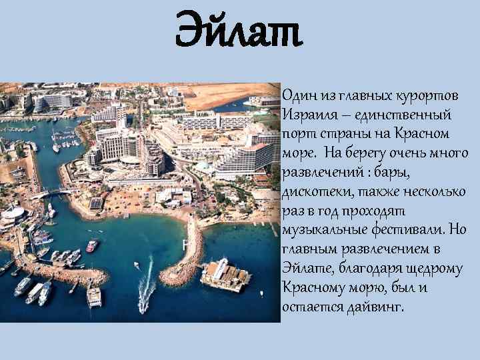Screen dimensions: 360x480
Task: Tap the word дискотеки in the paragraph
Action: click(313, 193)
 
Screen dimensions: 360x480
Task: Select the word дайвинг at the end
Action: click(376, 307)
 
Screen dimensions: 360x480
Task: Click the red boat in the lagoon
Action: click(91, 246)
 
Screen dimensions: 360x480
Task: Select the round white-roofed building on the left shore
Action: click(15, 214)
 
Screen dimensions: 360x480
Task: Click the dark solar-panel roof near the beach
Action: click(96, 203)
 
